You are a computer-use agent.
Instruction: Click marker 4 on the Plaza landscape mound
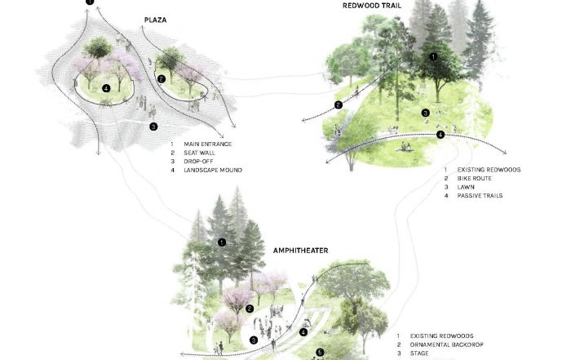pyautogui.click(x=106, y=88)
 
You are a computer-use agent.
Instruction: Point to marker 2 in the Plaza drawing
pyautogui.click(x=162, y=78)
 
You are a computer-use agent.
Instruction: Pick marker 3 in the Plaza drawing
pyautogui.click(x=153, y=127)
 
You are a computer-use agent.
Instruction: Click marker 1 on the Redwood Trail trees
pyautogui.click(x=434, y=56)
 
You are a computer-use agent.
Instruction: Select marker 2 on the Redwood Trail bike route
pyautogui.click(x=337, y=104)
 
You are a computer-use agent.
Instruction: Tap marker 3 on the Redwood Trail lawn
pyautogui.click(x=425, y=113)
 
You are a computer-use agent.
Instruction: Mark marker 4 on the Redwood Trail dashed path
pyautogui.click(x=440, y=135)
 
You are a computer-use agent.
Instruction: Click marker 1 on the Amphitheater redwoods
pyautogui.click(x=221, y=242)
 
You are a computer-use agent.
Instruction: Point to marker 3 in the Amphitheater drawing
pyautogui.click(x=253, y=340)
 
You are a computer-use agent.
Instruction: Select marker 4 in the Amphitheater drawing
pyautogui.click(x=303, y=332)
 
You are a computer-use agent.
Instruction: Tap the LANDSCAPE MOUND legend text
pyautogui.click(x=214, y=170)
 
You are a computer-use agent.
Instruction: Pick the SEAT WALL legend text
pyautogui.click(x=202, y=153)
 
